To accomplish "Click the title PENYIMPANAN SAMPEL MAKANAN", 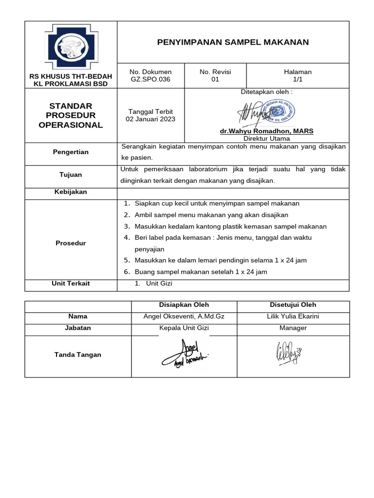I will click(x=233, y=42).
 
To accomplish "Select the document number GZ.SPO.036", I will click(x=150, y=79).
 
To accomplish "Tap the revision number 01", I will click(x=215, y=79).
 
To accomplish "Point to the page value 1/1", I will click(x=298, y=79).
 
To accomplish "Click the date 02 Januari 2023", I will click(x=150, y=119).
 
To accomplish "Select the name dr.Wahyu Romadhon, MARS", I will click(x=266, y=131).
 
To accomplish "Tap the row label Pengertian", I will click(x=71, y=152).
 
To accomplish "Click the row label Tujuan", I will click(x=71, y=175).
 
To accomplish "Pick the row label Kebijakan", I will click(x=71, y=192).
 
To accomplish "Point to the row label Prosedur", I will click(x=71, y=243).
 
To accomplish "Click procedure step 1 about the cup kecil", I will click(x=217, y=204).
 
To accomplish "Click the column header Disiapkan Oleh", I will click(x=184, y=305).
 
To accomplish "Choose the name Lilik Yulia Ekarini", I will click(x=293, y=317).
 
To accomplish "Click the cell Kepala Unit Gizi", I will click(x=184, y=328).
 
